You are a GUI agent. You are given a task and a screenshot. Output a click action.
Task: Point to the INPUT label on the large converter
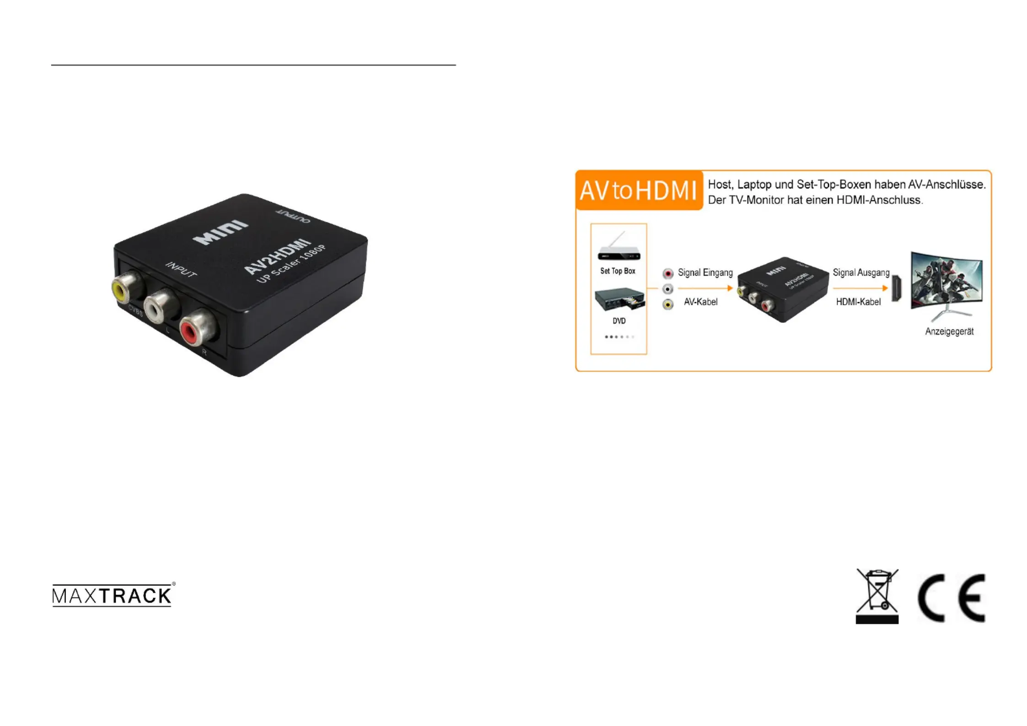(181, 270)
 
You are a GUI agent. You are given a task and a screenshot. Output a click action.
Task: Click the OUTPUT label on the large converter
(293, 216)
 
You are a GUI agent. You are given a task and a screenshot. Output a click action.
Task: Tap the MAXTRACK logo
(113, 595)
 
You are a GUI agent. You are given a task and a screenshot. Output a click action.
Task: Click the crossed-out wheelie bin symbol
(876, 595)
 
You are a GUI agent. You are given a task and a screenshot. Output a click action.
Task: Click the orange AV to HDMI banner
(639, 190)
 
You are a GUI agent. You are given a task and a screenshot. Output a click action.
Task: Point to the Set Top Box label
(618, 271)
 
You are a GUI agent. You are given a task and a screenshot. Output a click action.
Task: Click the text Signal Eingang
(705, 273)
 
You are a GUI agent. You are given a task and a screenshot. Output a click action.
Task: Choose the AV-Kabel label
(700, 302)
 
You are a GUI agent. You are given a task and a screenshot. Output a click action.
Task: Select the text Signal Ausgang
(861, 273)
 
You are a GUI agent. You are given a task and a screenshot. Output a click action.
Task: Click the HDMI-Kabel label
(858, 302)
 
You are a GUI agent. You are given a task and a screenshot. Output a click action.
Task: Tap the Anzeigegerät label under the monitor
(949, 331)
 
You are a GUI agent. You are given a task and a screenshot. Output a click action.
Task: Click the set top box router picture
(618, 249)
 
